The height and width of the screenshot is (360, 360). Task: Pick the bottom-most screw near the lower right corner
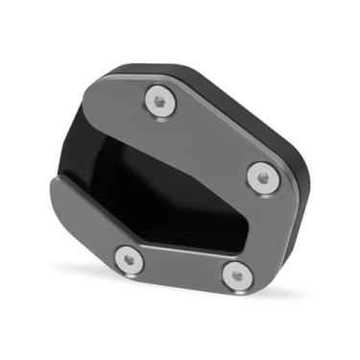pyautogui.click(x=233, y=273)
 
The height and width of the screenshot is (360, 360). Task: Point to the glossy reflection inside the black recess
pyautogui.click(x=134, y=144)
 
